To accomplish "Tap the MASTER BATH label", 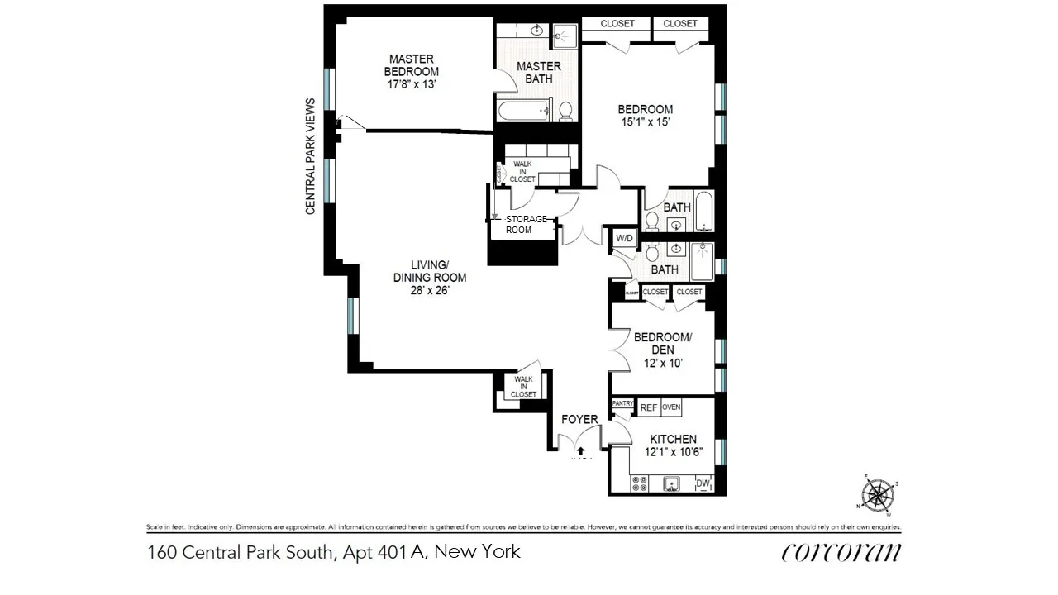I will tap(539, 72).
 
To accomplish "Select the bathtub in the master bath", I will tap(523, 110).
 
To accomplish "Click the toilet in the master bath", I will tap(566, 110).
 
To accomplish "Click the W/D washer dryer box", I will tap(624, 239).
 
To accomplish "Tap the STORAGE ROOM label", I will tap(526, 224).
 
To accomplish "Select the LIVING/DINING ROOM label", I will tap(429, 271).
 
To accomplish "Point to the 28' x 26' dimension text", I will tap(429, 290).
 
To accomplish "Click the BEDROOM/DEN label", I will tap(662, 343).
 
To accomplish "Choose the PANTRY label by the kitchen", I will tap(622, 403).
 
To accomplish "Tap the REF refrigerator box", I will tap(649, 407).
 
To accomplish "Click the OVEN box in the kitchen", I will tap(671, 407).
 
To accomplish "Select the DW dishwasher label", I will tap(703, 483).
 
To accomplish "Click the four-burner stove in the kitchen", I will tap(641, 483).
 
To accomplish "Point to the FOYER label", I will tap(579, 420).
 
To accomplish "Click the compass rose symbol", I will tap(879, 495).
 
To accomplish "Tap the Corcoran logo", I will tap(841, 551).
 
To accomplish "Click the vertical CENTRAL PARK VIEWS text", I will tap(311, 156).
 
